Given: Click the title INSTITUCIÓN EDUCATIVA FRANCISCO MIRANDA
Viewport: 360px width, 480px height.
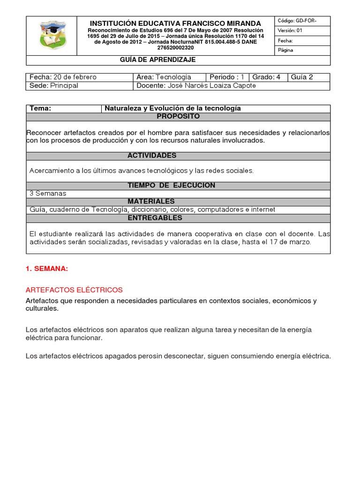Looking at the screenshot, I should [176, 23].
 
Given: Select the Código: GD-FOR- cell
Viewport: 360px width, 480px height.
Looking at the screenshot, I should [302, 21].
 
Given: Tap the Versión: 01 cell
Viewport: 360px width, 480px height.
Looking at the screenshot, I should [302, 31].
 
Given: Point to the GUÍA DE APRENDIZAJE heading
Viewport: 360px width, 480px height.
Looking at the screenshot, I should [158, 60].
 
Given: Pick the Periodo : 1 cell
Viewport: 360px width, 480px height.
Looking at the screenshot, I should [227, 77].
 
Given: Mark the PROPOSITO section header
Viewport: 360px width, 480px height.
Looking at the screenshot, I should [178, 116].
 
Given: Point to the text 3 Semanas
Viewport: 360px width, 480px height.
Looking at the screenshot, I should [48, 193].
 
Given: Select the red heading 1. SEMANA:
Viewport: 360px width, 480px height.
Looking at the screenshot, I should [47, 269].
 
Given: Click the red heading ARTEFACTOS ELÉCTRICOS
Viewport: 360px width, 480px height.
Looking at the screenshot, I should [74, 290].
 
